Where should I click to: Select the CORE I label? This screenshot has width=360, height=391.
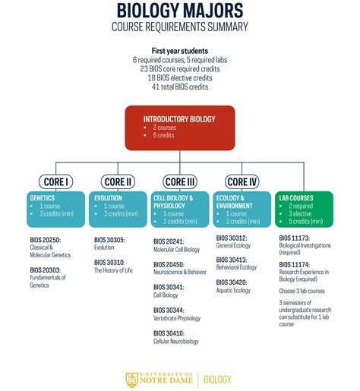(56, 181)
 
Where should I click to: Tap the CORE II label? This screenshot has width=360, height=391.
(118, 181)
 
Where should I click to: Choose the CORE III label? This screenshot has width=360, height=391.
(179, 181)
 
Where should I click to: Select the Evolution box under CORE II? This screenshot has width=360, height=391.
(118, 208)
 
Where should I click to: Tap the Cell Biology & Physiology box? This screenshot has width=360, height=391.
(180, 208)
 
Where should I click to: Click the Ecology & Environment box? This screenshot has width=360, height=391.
(242, 208)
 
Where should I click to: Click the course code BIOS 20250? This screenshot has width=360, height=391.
(46, 241)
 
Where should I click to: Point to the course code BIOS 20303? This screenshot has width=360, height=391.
(46, 270)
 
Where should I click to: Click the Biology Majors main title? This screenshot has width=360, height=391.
(179, 11)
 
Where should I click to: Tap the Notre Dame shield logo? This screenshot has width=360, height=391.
(131, 377)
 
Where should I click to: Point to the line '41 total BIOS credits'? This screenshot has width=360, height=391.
(180, 87)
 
